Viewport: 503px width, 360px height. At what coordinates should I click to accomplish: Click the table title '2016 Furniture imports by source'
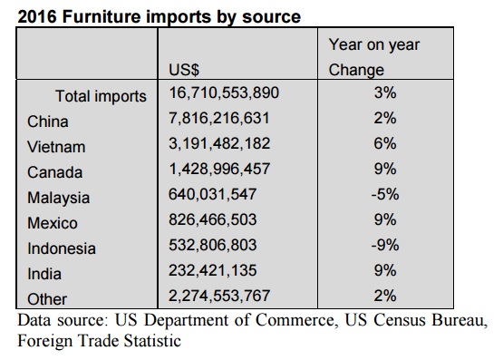[160, 16]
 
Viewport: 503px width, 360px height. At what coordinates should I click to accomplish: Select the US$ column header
[184, 70]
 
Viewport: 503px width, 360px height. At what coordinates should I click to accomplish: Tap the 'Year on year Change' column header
[374, 57]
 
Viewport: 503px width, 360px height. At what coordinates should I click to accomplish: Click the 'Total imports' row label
[101, 96]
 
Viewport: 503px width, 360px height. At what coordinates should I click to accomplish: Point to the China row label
[48, 122]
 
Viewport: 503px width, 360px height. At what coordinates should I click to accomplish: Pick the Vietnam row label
[56, 147]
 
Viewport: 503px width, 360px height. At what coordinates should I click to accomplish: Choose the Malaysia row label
[58, 198]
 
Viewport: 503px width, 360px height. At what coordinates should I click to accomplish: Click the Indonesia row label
[62, 248]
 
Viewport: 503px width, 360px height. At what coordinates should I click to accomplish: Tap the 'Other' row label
[47, 299]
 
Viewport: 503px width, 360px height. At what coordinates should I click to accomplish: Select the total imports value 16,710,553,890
[224, 92]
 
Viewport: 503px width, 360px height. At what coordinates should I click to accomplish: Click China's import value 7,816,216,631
[219, 118]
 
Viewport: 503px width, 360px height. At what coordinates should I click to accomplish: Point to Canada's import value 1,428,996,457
[219, 169]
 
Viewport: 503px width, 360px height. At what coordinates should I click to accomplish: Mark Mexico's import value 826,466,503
[213, 219]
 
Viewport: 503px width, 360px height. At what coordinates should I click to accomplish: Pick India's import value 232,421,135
[213, 270]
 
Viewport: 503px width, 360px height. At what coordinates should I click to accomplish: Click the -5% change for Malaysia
[385, 194]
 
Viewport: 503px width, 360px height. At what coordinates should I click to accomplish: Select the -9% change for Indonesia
[385, 245]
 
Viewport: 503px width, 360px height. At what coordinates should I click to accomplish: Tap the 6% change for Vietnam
[385, 143]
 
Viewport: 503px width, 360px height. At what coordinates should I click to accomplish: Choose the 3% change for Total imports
[385, 92]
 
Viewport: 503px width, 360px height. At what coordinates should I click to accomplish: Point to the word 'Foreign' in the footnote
[45, 341]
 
